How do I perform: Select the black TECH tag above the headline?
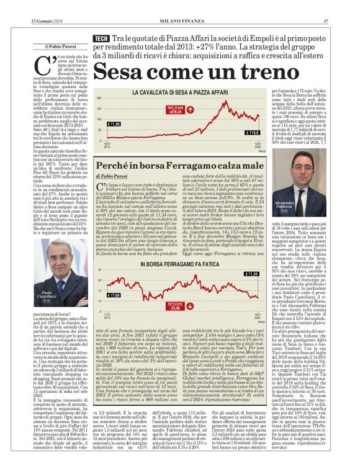(101, 38)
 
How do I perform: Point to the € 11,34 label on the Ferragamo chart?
(251, 273)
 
